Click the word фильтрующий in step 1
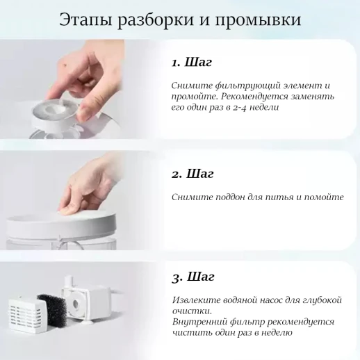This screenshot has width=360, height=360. coord(240,85)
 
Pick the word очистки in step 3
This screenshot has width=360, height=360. coord(190,310)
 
